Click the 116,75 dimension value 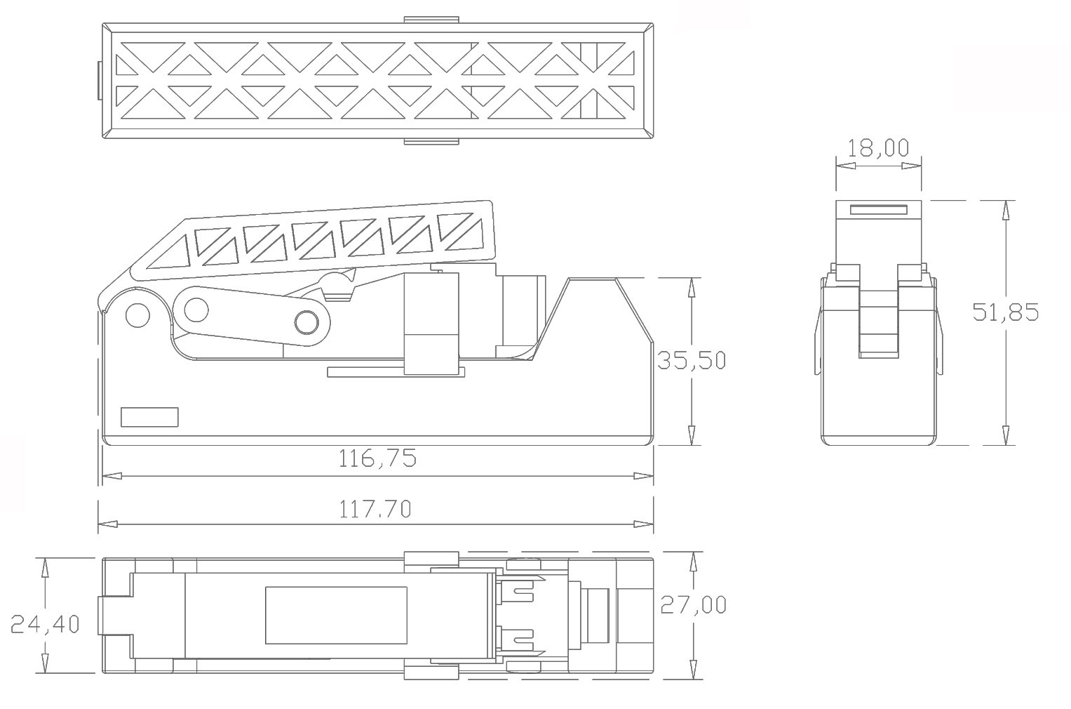[377, 459]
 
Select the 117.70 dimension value [375, 509]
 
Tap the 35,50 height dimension [691, 360]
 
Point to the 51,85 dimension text [1005, 312]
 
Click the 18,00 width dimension [877, 148]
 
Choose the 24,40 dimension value [45, 623]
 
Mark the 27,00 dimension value [693, 604]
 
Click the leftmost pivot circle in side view [137, 314]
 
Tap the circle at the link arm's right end [307, 322]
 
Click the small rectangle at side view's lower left [149, 417]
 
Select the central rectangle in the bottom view [336, 615]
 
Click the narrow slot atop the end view [878, 210]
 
